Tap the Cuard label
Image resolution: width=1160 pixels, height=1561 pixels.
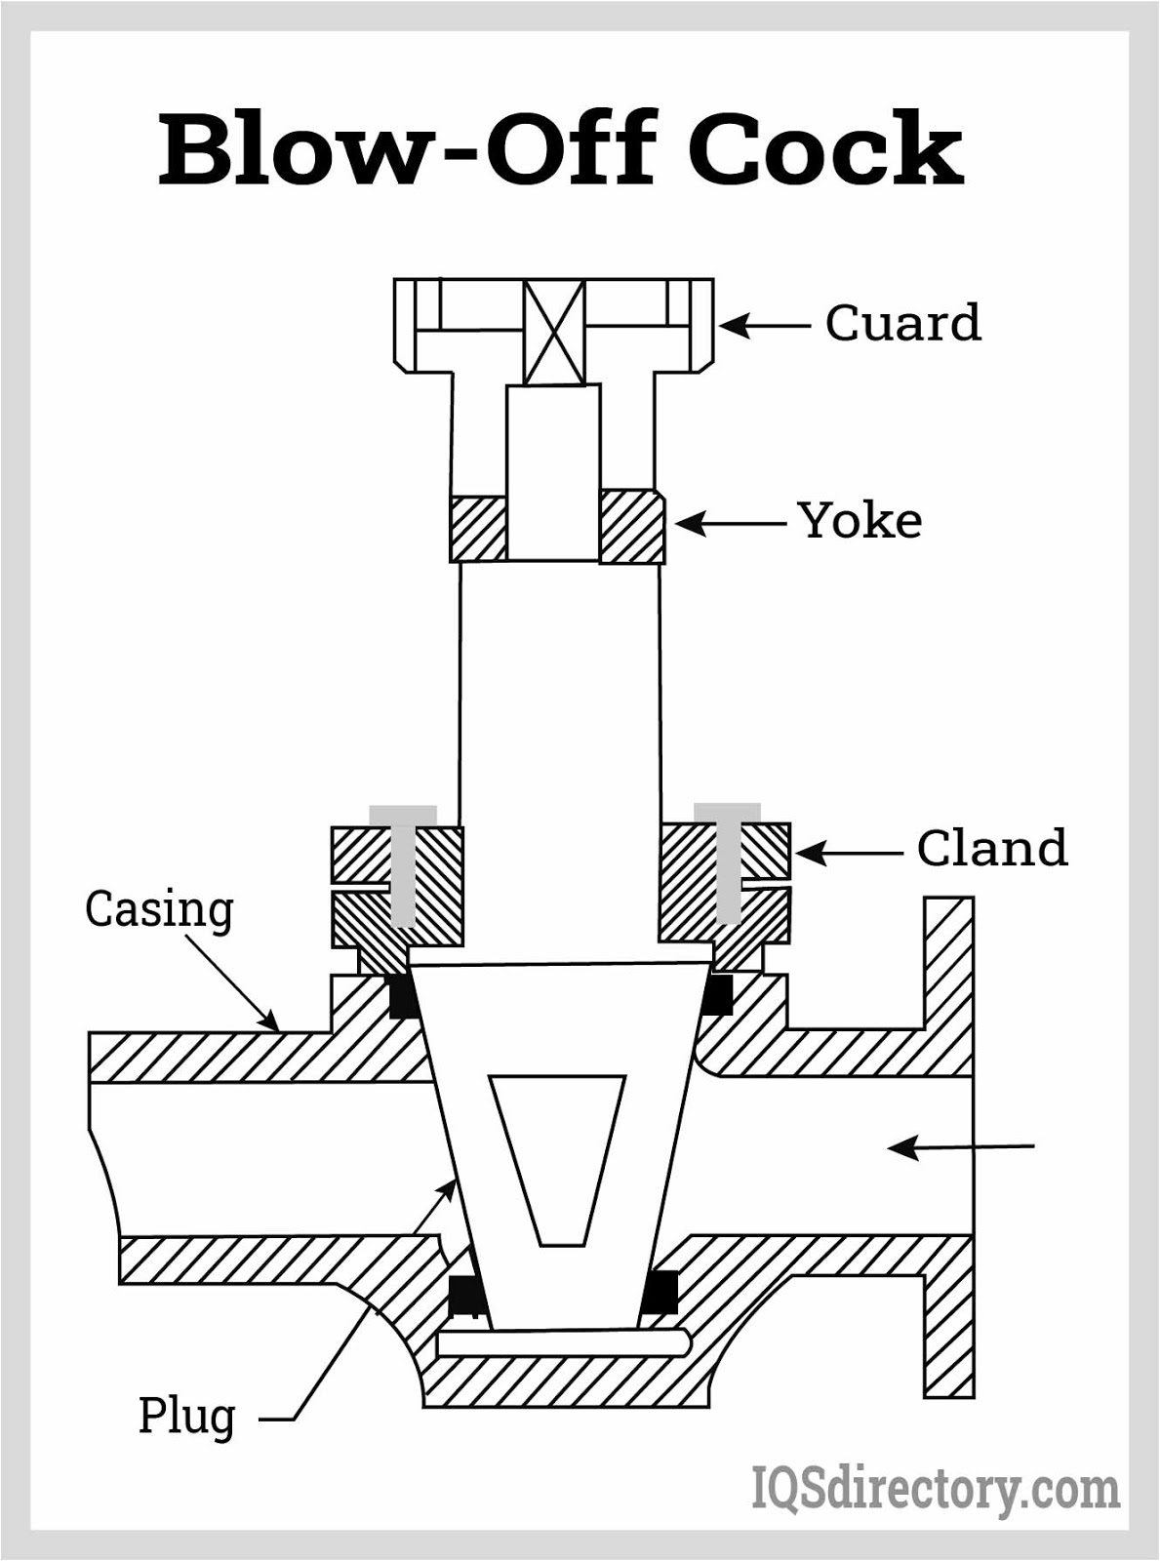902,323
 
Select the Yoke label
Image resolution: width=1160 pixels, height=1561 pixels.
860,520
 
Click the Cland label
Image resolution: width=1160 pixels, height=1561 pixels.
991,848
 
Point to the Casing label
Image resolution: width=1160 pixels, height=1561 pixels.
159,909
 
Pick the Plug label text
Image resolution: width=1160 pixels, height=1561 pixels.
186,1415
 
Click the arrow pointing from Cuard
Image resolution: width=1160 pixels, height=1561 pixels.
766,325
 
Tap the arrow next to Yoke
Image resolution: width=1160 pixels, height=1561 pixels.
730,524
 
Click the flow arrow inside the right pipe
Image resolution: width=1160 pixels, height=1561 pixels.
961,1147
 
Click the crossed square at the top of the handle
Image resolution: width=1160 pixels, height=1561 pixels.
554,333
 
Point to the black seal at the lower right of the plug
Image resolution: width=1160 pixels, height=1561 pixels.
661,1293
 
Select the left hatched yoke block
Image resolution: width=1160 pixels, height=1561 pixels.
479,528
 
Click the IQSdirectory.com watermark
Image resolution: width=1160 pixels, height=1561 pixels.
935,1491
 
